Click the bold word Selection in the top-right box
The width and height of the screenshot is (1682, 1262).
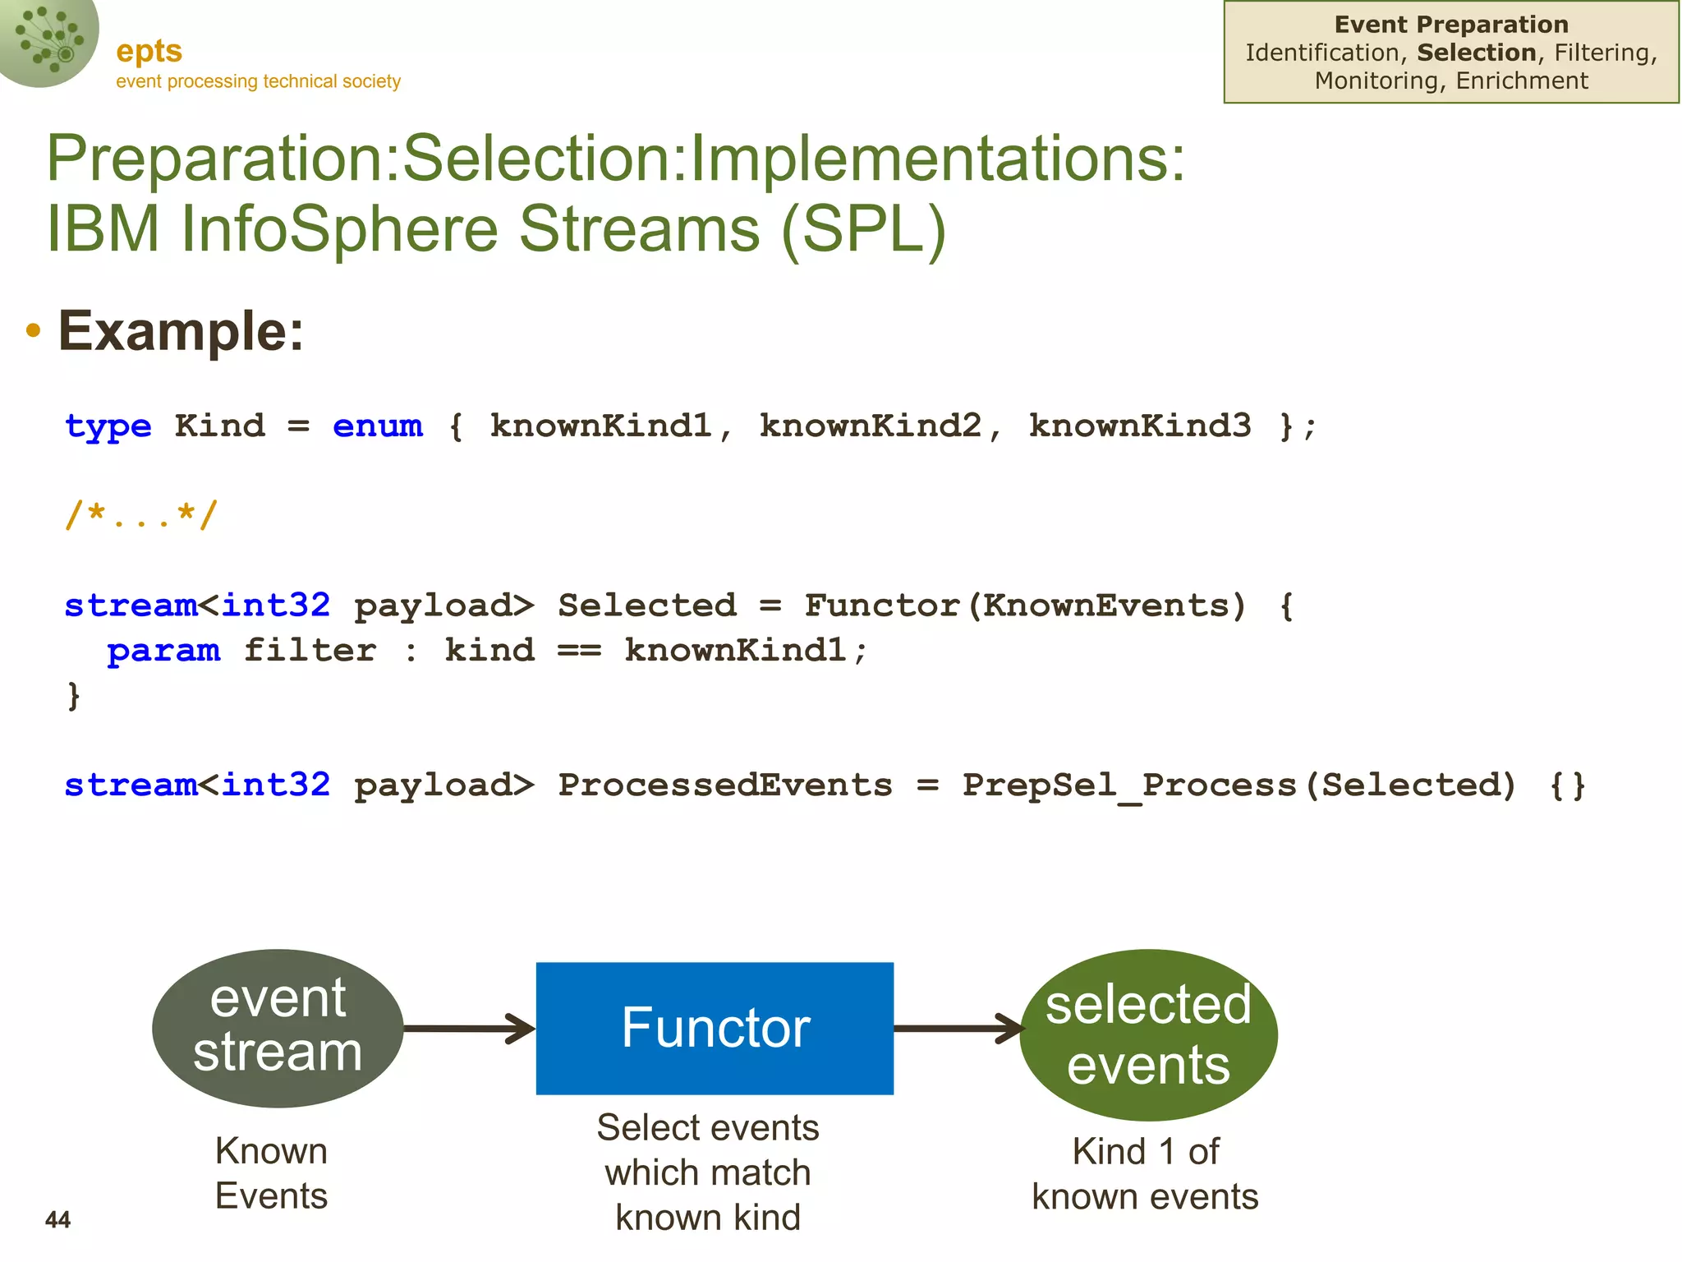[1476, 53]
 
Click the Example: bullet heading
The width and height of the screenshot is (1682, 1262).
[181, 331]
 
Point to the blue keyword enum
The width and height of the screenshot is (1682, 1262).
[377, 426]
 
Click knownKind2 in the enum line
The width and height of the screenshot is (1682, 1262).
[871, 426]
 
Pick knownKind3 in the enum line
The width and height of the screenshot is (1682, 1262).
[1140, 426]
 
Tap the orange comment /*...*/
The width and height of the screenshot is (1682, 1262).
[141, 516]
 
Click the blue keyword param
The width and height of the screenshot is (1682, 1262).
[163, 651]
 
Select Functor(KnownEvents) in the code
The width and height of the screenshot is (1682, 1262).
[1024, 606]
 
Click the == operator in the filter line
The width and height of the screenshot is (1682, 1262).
[579, 651]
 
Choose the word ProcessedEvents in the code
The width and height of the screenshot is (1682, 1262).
[724, 785]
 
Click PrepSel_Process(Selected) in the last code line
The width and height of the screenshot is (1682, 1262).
[1239, 785]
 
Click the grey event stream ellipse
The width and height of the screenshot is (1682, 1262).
[278, 1028]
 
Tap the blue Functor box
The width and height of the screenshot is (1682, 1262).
[715, 1028]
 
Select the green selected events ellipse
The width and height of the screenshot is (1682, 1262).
[1148, 1034]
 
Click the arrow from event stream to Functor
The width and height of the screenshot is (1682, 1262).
[469, 1028]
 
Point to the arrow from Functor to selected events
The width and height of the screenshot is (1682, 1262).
[958, 1028]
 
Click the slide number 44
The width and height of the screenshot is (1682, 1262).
[57, 1219]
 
